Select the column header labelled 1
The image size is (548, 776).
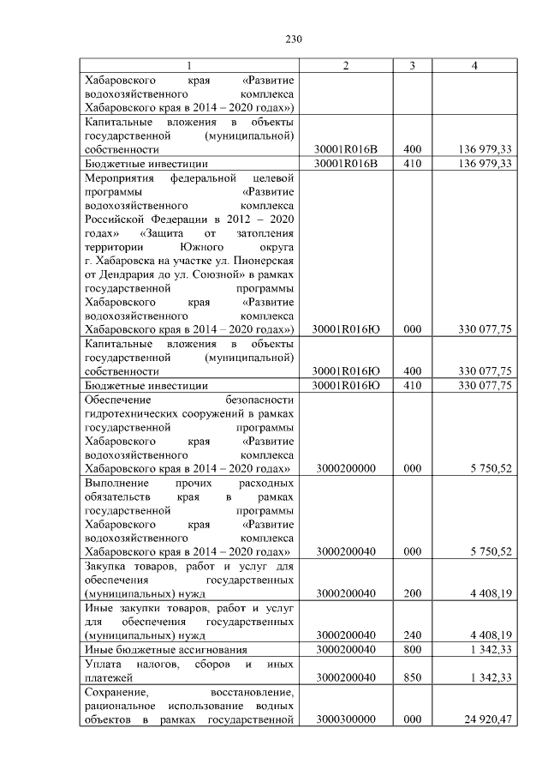pos(189,66)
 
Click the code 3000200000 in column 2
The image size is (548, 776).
pos(348,469)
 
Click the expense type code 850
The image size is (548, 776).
pos(414,677)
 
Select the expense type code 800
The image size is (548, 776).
pos(414,649)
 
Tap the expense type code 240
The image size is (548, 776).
pos(414,635)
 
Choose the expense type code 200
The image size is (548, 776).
pos(414,593)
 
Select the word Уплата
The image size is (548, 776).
pos(104,664)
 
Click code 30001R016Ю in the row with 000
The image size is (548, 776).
pos(348,330)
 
